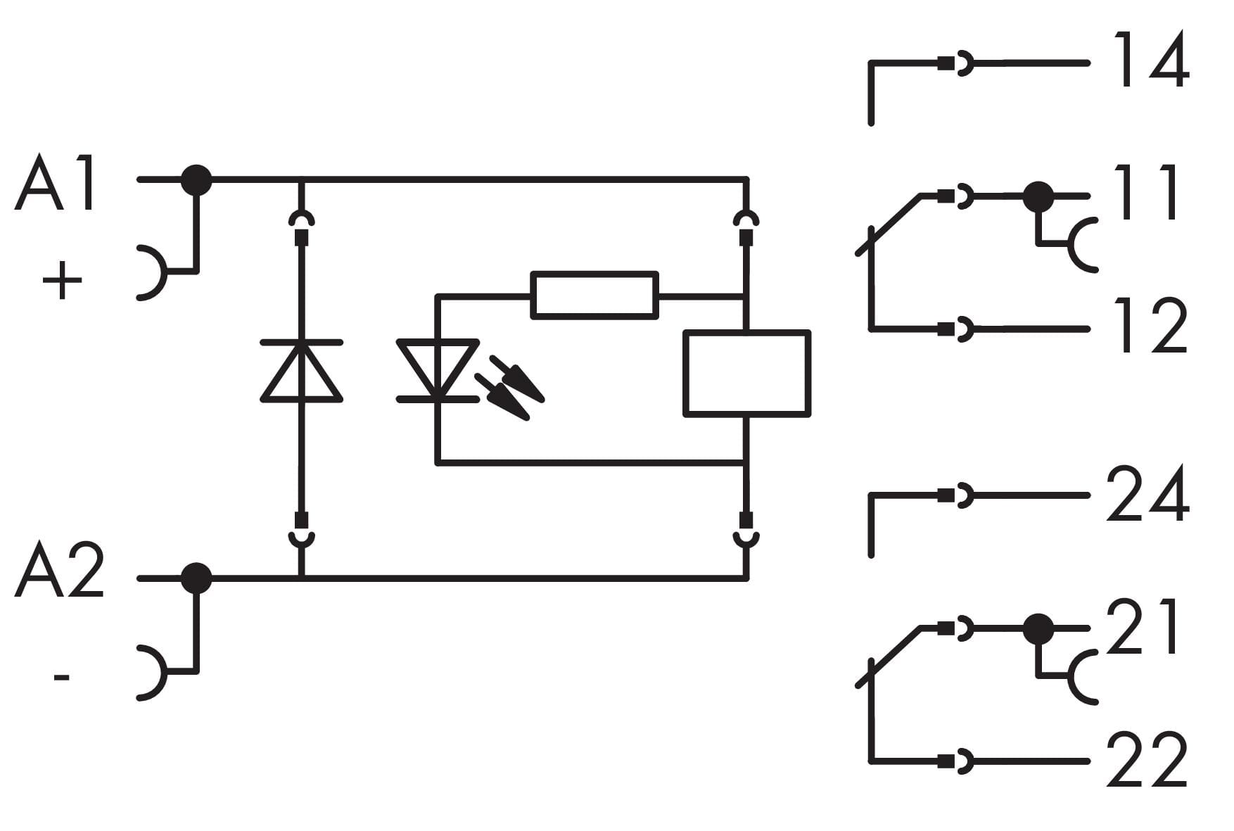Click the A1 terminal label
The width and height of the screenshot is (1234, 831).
tap(56, 184)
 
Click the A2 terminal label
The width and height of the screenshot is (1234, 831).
tap(59, 571)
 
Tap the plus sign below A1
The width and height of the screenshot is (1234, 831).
tap(62, 281)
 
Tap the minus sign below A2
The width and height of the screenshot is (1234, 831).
tap(62, 678)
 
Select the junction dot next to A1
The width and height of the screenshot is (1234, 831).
tap(196, 180)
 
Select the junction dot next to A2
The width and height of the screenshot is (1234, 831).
tap(196, 578)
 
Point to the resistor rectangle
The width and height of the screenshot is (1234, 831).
tap(594, 295)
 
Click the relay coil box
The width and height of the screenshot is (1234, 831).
tap(746, 373)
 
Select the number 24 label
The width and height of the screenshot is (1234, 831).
tap(1147, 495)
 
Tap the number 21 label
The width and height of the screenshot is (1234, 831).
tap(1143, 627)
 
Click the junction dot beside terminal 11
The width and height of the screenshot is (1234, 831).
tap(1038, 197)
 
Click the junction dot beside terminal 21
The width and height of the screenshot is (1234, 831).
tap(1038, 628)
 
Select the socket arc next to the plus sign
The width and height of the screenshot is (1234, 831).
tap(153, 273)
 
